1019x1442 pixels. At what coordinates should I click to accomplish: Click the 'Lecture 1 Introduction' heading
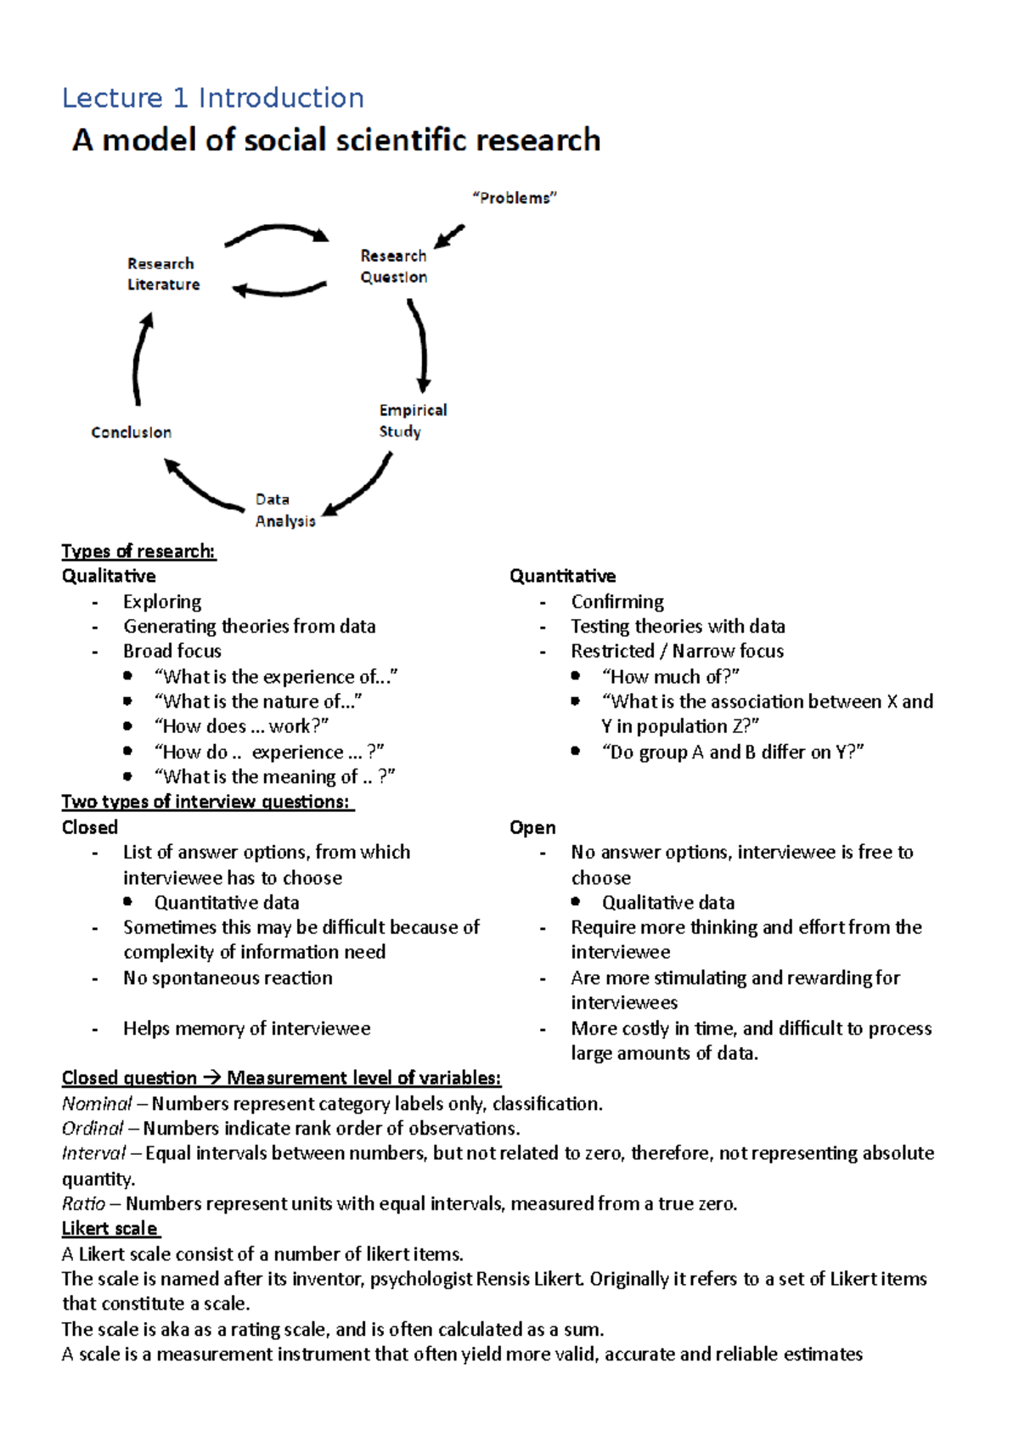(x=213, y=99)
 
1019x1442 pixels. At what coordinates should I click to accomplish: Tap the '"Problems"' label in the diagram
(x=514, y=198)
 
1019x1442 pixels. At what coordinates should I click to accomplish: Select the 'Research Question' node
(x=393, y=266)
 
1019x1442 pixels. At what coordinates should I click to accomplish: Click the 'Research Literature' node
(x=163, y=273)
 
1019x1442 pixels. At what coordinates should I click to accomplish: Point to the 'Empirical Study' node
(x=412, y=420)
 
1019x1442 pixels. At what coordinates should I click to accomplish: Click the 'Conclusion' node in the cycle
(x=131, y=432)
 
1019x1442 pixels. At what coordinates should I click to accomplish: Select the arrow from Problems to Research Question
(x=450, y=235)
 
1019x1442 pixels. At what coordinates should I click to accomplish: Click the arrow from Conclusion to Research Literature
(x=140, y=358)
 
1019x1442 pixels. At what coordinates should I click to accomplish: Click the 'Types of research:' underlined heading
(x=138, y=551)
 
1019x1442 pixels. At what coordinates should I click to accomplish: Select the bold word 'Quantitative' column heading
(x=562, y=576)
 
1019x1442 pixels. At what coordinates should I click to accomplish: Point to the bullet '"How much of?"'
(x=670, y=677)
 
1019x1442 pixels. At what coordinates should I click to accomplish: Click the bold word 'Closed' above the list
(x=89, y=827)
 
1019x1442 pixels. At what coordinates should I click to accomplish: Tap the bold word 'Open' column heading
(x=532, y=827)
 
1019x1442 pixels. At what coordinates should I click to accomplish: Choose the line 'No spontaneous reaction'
(x=228, y=977)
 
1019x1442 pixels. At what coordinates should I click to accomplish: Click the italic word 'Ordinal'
(x=93, y=1129)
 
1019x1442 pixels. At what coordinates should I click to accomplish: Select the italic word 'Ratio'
(x=83, y=1203)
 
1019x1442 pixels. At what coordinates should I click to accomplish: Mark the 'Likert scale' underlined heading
(x=110, y=1229)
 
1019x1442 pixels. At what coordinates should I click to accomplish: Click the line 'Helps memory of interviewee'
(x=246, y=1028)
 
